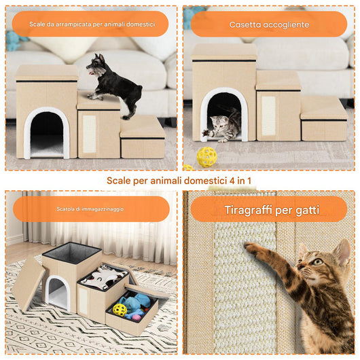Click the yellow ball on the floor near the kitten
[206, 157]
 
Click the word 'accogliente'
[287, 24]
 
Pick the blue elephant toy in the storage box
[130, 302]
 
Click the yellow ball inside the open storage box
[120, 310]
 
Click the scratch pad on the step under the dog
[89, 132]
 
